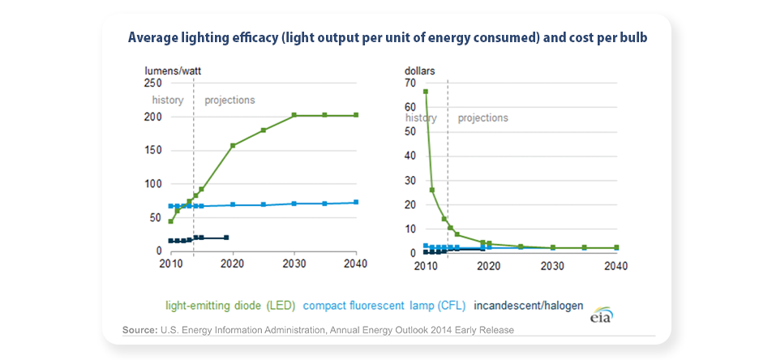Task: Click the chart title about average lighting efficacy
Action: (x=388, y=37)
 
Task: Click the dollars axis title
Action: (x=420, y=71)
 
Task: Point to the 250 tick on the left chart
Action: (x=153, y=84)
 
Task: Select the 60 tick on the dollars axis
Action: (x=410, y=107)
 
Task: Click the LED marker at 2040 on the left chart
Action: (x=356, y=115)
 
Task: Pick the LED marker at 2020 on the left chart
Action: (x=233, y=146)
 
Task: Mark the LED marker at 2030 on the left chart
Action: (x=294, y=115)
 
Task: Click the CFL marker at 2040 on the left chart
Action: (x=356, y=202)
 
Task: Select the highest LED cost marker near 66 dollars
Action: (x=426, y=92)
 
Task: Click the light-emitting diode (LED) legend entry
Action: (x=230, y=306)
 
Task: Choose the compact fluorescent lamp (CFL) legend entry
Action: (x=384, y=306)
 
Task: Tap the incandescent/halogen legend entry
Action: (x=528, y=306)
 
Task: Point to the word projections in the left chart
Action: (x=229, y=101)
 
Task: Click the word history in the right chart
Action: (x=422, y=118)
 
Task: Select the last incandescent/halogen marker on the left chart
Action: (x=226, y=238)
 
